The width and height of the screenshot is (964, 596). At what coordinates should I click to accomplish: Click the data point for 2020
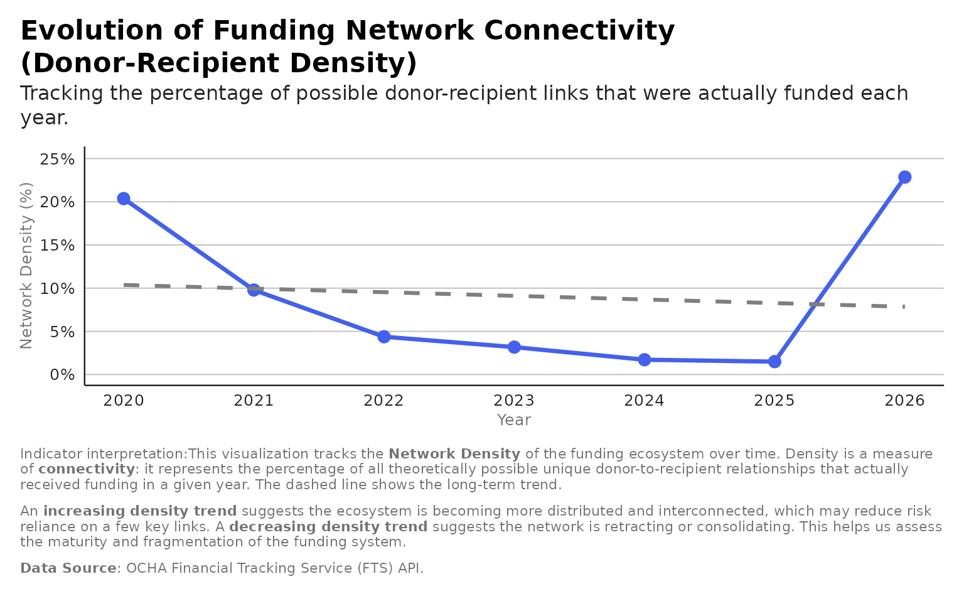click(x=124, y=198)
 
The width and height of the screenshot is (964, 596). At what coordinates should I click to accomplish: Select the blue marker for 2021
click(x=254, y=290)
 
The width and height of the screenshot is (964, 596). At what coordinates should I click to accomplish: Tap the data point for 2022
click(x=384, y=337)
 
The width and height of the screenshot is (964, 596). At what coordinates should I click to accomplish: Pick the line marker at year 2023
click(x=514, y=347)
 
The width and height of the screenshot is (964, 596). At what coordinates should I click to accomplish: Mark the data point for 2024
click(x=645, y=359)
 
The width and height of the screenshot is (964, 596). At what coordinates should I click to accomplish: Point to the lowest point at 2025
click(x=774, y=361)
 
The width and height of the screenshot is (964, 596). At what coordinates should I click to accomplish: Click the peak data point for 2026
click(x=904, y=177)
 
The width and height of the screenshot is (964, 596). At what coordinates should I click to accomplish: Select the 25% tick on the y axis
click(x=57, y=159)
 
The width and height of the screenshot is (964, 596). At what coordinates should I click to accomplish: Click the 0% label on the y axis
click(x=62, y=375)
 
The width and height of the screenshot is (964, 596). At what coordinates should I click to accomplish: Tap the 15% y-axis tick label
click(x=57, y=246)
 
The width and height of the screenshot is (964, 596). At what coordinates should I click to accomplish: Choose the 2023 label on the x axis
click(x=514, y=401)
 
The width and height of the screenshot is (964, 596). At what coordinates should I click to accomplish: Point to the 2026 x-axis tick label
click(x=904, y=401)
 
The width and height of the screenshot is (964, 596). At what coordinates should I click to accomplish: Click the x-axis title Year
click(x=514, y=420)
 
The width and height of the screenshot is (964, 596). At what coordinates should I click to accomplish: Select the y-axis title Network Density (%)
click(x=26, y=265)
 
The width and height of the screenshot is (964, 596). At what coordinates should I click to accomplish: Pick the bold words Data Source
click(x=68, y=568)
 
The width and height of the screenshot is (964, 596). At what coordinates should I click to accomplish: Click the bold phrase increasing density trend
click(x=140, y=511)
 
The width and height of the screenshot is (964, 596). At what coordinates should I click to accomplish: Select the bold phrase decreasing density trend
click(x=328, y=527)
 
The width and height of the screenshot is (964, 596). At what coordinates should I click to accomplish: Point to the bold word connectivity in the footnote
click(x=87, y=469)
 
